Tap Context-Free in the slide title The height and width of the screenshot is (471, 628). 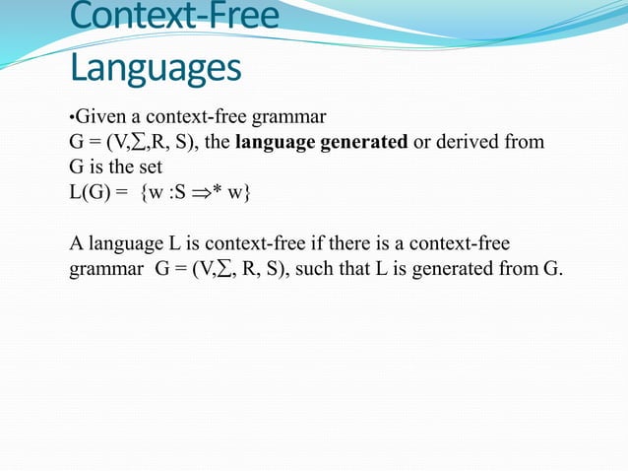[175, 17]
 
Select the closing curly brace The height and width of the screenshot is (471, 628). [247, 191]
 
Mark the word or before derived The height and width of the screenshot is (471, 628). [422, 141]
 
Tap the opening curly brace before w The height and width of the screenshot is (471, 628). [146, 191]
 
